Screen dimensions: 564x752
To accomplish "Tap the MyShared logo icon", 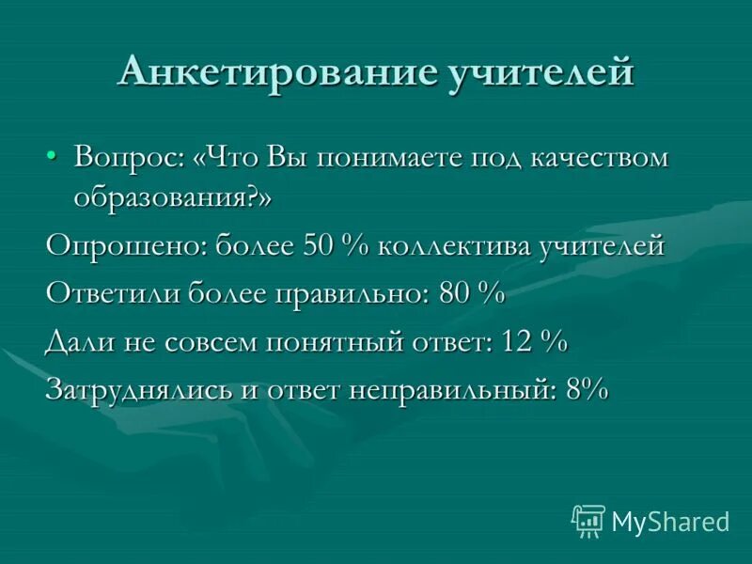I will click(x=588, y=520).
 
